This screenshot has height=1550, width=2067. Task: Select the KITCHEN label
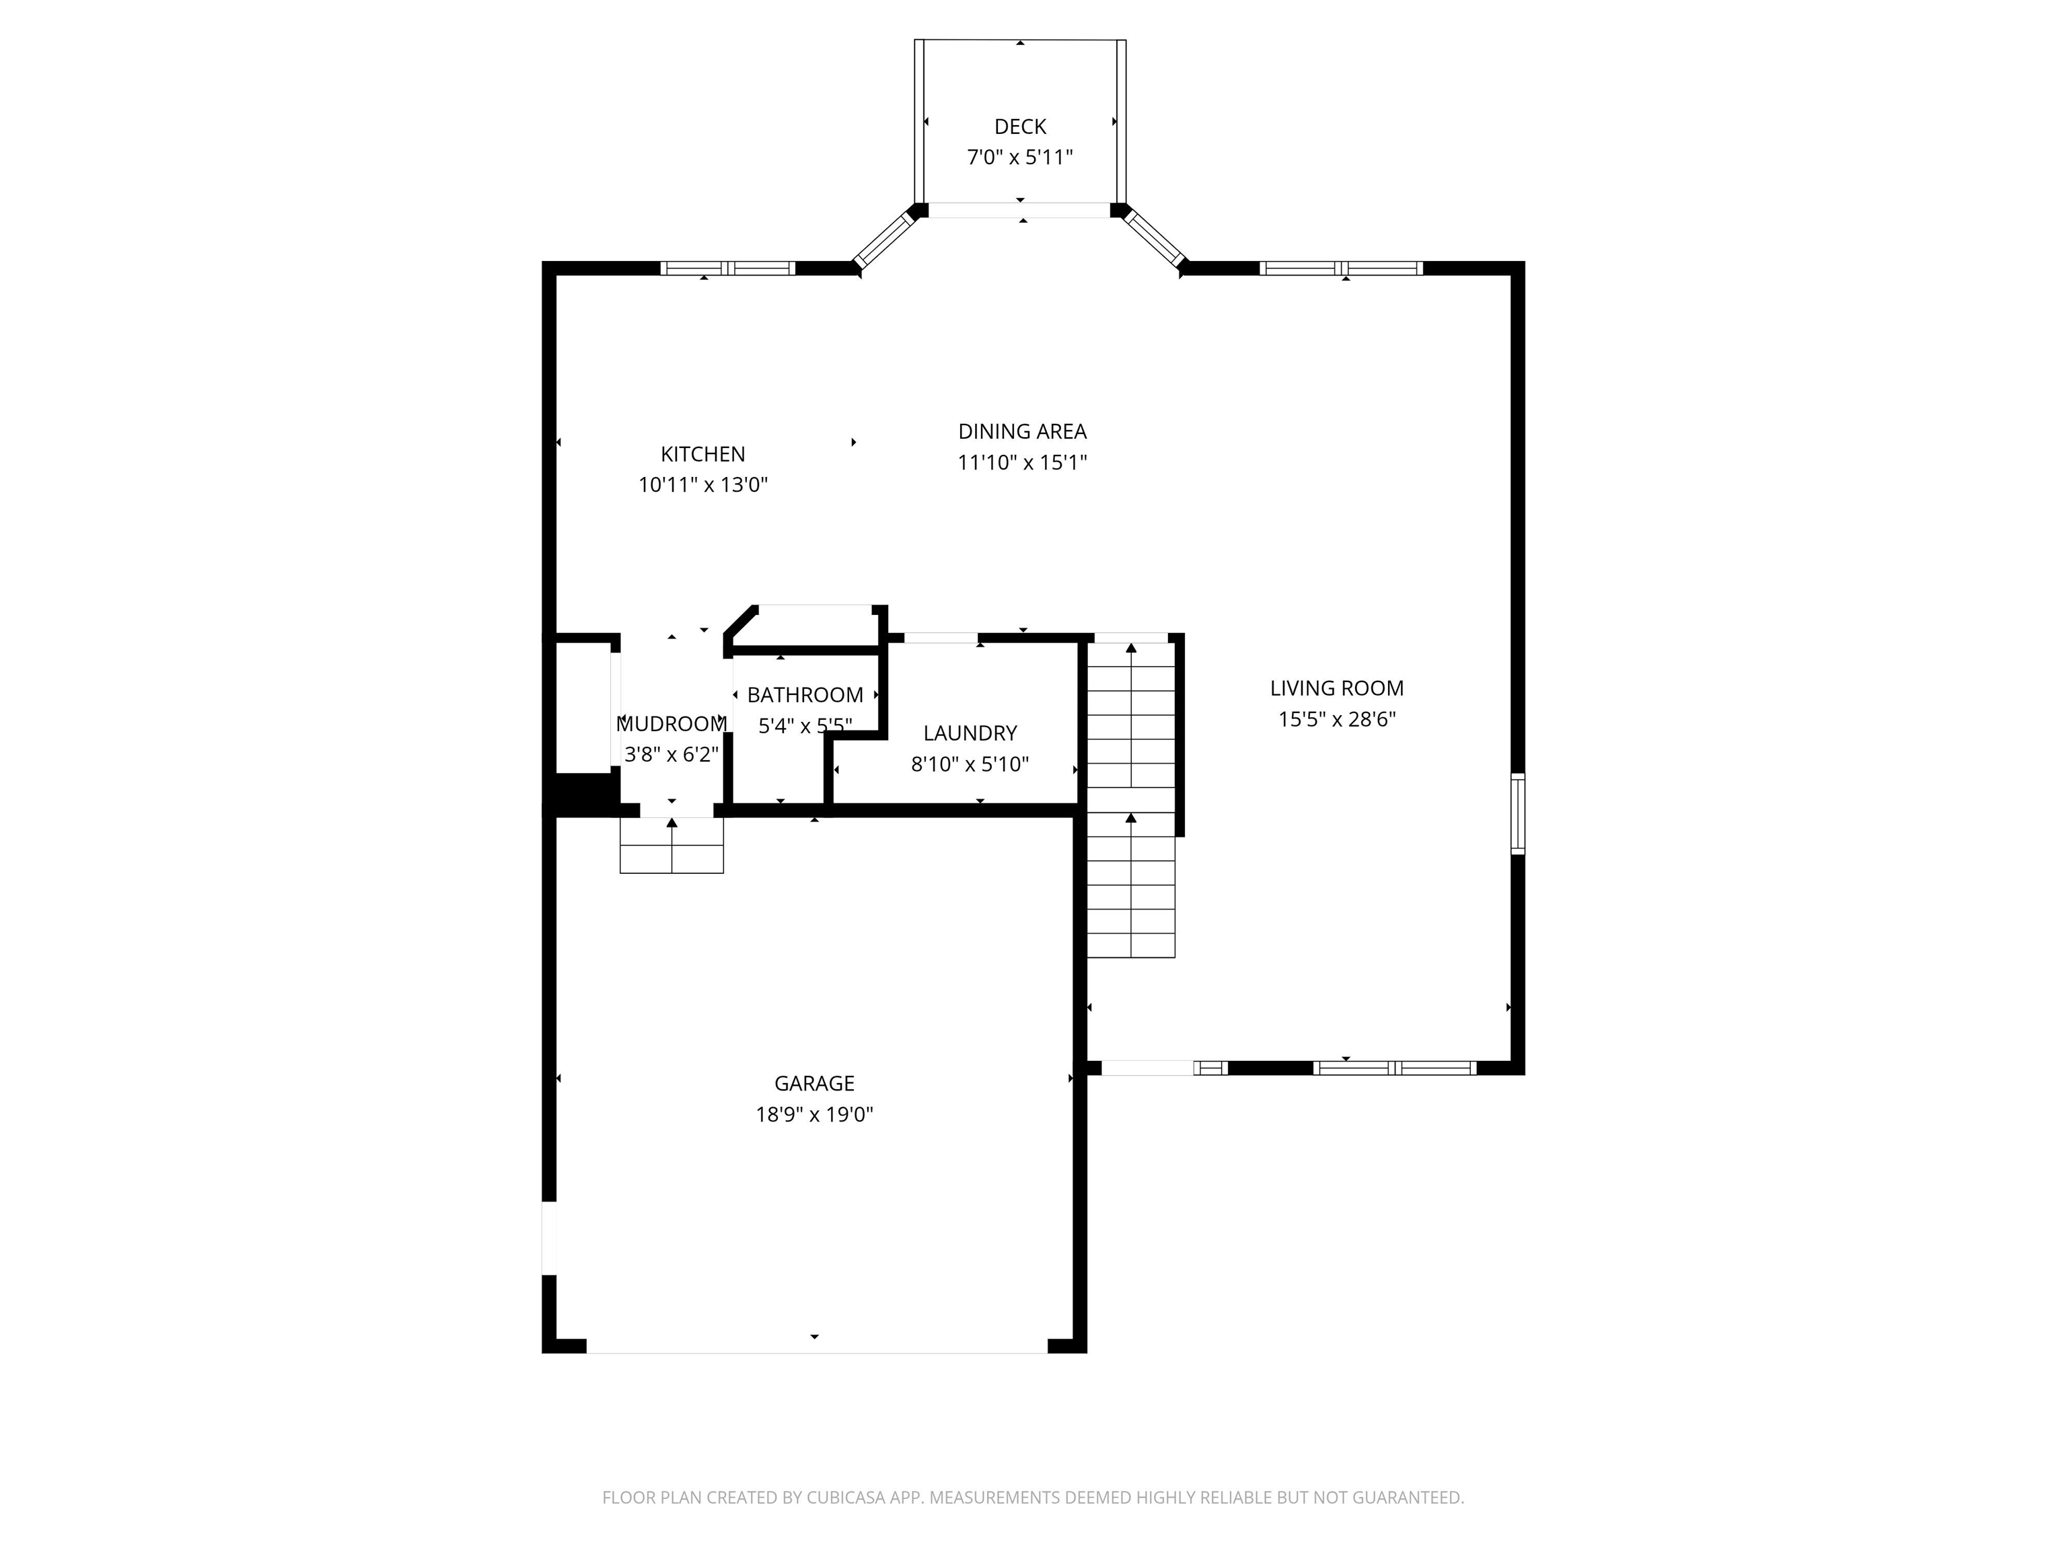(702, 454)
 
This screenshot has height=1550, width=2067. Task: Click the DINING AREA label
(1022, 432)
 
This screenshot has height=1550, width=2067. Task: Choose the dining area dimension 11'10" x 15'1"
(1022, 462)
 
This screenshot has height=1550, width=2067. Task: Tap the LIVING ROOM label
(1336, 689)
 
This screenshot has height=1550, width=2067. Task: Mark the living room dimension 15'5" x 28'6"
(1336, 719)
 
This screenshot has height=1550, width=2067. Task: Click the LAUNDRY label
(970, 733)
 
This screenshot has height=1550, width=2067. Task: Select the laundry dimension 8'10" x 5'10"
(970, 764)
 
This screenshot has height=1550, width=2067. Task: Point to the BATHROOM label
(805, 695)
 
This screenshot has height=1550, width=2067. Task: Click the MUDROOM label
(672, 724)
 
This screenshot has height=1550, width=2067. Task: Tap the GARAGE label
(814, 1084)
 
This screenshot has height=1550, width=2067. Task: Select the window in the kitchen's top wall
(728, 268)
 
